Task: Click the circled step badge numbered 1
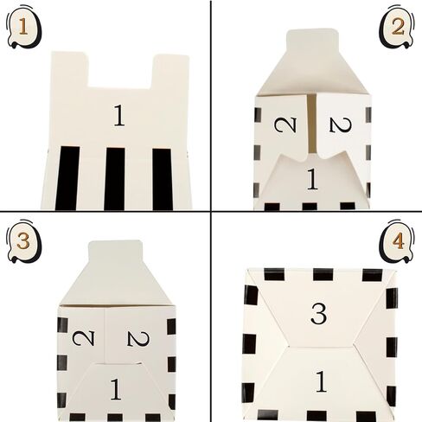pos(19,28)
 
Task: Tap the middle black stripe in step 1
pos(114,177)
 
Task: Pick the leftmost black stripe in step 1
pos(67,177)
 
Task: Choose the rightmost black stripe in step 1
pos(162,177)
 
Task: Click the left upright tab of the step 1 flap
pos(68,69)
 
